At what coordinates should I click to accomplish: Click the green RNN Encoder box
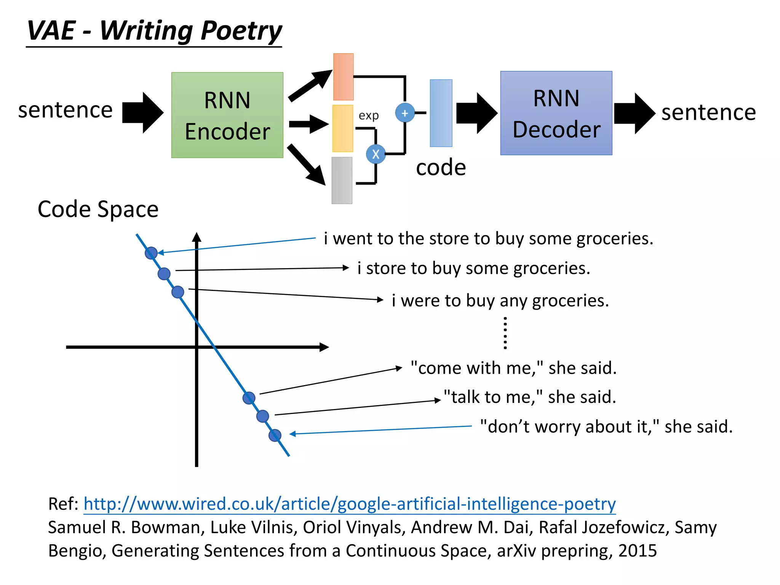[x=227, y=115]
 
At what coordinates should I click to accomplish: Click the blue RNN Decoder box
[x=556, y=113]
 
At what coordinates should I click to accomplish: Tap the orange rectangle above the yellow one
[x=343, y=77]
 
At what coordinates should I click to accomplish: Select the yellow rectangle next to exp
[x=342, y=128]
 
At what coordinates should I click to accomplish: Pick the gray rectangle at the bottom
[x=342, y=181]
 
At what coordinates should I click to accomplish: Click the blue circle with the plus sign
[x=404, y=113]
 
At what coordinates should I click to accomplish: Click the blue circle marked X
[x=376, y=154]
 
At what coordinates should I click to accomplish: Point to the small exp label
[x=368, y=115]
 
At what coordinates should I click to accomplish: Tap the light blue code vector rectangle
[x=441, y=113]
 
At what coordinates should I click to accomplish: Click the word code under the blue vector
[x=441, y=168]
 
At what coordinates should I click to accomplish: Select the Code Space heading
[x=98, y=209]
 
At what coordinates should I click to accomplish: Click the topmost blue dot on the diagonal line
[x=151, y=253]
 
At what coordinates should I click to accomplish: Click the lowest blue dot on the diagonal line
[x=275, y=435]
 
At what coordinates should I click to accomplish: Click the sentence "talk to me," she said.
[x=529, y=397]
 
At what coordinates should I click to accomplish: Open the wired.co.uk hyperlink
[x=349, y=504]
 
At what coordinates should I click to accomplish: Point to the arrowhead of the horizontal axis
[x=324, y=347]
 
